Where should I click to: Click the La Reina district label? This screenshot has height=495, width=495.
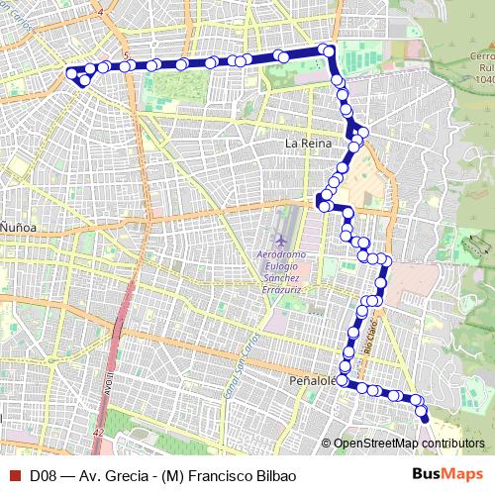coord(306,143)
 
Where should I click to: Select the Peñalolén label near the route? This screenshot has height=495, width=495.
coord(314,380)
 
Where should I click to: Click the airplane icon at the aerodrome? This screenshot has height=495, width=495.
coord(281,240)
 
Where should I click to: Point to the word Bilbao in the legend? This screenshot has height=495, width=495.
coord(272,474)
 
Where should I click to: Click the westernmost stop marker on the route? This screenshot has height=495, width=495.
coord(70,72)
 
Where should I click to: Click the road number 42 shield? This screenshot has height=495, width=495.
coord(97,434)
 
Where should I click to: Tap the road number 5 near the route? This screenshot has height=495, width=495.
coord(127,55)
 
